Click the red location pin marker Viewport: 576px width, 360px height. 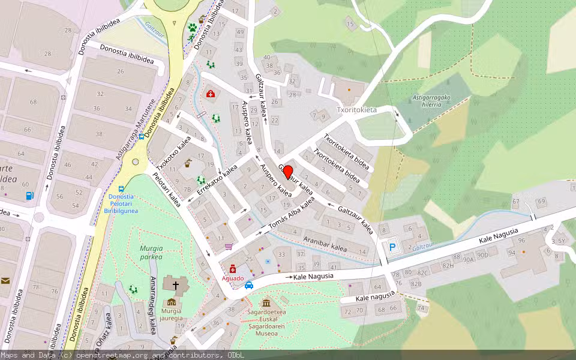(288, 173)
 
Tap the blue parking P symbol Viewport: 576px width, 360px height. (392, 247)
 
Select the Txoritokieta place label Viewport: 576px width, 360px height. (356, 110)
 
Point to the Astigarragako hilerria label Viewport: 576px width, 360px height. (431, 100)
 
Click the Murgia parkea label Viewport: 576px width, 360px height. (151, 253)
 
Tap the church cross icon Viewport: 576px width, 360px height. (176, 286)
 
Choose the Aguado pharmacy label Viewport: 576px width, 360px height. (232, 278)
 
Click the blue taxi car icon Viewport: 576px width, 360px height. (249, 285)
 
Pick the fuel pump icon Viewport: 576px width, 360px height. (29, 195)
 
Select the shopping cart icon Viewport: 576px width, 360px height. (228, 246)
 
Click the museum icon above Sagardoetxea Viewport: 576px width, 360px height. (266, 301)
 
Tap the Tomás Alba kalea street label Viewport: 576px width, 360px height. (291, 213)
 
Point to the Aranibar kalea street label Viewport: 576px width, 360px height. (325, 244)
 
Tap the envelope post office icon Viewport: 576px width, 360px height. (5, 281)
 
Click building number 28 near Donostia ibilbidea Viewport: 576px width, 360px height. (67, 30)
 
